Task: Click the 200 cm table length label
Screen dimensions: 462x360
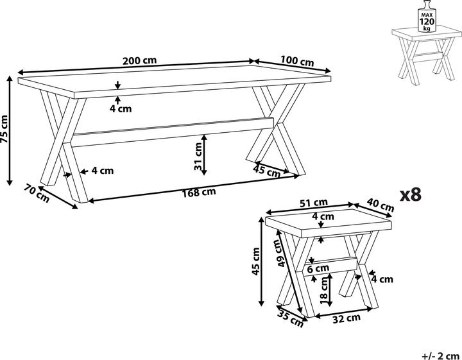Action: click(x=140, y=61)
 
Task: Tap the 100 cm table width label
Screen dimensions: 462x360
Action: click(x=297, y=61)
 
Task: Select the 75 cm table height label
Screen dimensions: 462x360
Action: click(x=5, y=129)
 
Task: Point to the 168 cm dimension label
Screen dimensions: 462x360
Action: click(x=199, y=193)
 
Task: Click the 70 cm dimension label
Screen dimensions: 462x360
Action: click(x=37, y=193)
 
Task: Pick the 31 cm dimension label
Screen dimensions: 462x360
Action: click(x=198, y=156)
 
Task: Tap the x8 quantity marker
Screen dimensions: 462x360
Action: click(x=411, y=194)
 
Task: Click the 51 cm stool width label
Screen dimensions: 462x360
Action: click(x=314, y=203)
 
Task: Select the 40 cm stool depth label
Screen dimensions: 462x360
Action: click(x=381, y=205)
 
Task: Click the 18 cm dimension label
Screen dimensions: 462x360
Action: click(x=324, y=291)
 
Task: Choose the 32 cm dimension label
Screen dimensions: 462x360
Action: click(x=346, y=318)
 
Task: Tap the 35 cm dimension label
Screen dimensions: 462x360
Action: click(x=290, y=319)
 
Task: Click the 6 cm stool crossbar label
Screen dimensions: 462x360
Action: click(x=318, y=268)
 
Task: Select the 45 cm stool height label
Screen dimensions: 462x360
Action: click(x=255, y=261)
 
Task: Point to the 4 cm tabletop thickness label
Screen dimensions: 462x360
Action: click(x=121, y=108)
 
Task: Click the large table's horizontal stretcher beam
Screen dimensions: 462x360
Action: click(x=173, y=132)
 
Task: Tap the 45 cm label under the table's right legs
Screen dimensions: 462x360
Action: click(x=267, y=171)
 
